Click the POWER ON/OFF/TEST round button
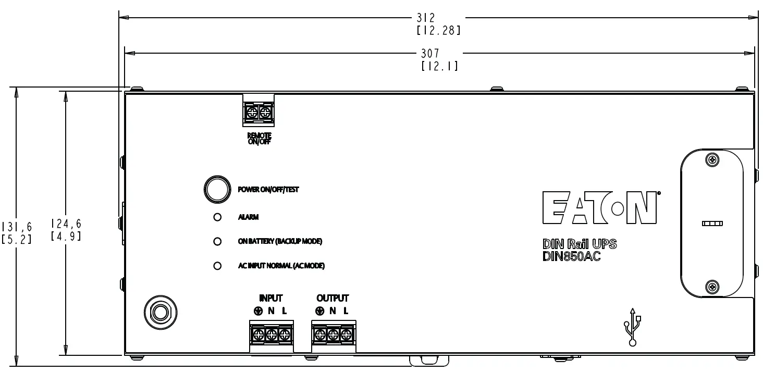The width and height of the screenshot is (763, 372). pos(216,189)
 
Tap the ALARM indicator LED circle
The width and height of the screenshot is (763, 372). pos(218,217)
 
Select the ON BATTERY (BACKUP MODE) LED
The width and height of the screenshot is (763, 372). pos(218,241)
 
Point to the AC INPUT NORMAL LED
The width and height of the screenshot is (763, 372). pos(218,266)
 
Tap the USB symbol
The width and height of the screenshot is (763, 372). pos(633,327)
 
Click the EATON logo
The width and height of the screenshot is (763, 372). pos(599,207)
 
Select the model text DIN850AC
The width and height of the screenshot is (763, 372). pos(572,256)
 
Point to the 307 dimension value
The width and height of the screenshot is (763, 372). pos(430,53)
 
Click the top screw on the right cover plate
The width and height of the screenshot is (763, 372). pos(712,160)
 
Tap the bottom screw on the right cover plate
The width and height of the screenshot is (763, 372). pos(712,286)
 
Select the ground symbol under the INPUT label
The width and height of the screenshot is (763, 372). pos(258,311)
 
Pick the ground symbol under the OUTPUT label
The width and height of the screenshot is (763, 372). pos(320,311)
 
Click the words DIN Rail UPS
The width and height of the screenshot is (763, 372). pos(580,244)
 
